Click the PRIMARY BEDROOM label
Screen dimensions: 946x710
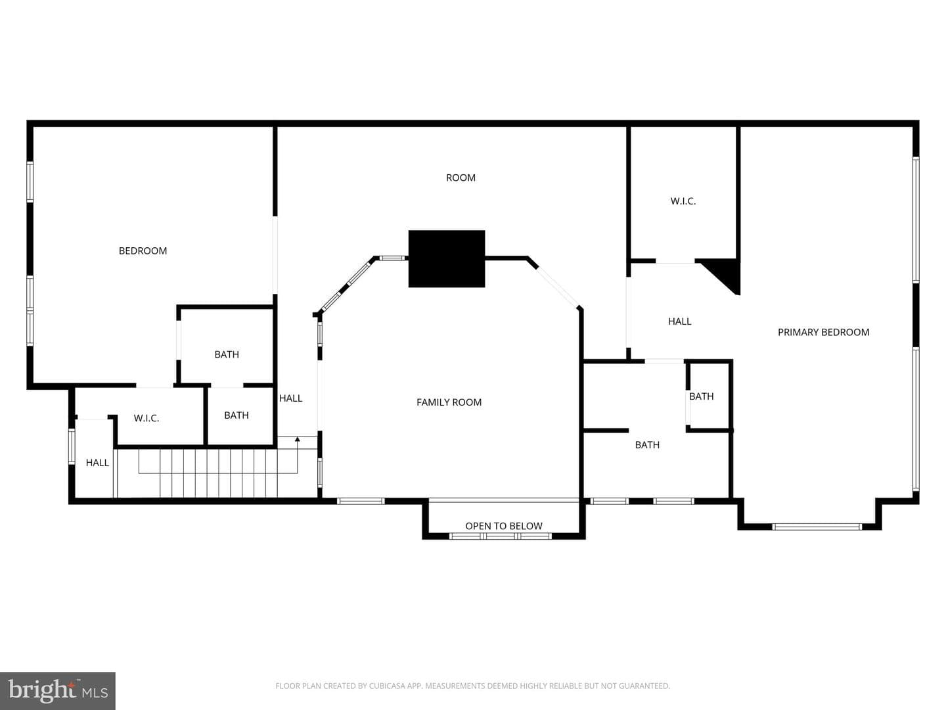point(823,333)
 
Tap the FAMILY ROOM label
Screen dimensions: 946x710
point(449,402)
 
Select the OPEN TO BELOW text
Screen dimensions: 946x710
point(503,526)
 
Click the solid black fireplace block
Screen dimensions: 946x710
point(447,258)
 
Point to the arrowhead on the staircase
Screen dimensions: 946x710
point(298,439)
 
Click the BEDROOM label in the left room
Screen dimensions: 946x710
point(143,251)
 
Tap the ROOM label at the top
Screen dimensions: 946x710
point(461,177)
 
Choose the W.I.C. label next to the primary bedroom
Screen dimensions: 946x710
point(683,201)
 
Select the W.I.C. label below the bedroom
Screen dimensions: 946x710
point(146,418)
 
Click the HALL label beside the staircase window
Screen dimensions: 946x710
point(97,463)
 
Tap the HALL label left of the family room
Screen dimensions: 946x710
point(290,398)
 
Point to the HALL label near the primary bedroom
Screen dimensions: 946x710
point(679,321)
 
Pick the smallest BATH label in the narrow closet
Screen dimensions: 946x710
point(701,396)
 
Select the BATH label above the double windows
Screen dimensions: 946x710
point(647,445)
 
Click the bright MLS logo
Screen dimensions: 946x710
point(58,690)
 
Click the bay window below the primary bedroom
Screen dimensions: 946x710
point(817,527)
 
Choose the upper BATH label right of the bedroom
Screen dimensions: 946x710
point(227,354)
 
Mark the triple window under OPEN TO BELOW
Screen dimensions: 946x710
point(500,536)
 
